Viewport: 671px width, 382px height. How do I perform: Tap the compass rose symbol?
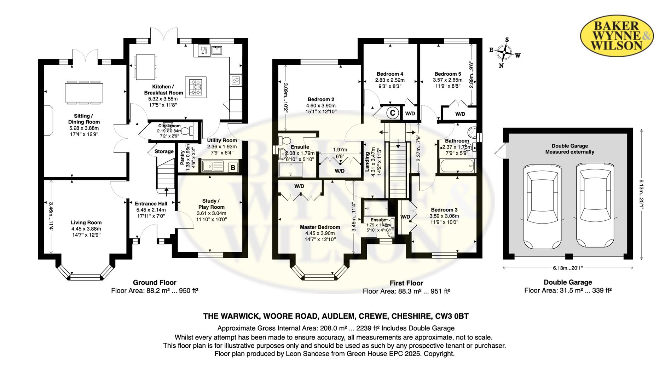coord(504,53)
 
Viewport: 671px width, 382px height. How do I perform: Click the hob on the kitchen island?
coord(196,87)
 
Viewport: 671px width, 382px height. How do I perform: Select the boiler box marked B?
coord(233,167)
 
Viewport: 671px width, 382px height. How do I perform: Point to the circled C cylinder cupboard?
coord(392,113)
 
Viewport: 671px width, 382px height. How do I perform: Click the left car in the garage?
coord(542,206)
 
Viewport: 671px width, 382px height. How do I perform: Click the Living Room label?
coord(86,222)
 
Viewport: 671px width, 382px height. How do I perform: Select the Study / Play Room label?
coord(211,204)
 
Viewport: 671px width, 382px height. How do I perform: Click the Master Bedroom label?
coord(320,227)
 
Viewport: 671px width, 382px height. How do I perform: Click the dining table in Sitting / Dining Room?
coord(84,92)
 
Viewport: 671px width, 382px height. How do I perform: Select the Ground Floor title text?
coord(155,282)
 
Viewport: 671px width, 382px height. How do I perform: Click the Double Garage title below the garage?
coord(567,282)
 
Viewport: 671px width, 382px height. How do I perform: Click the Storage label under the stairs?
coord(164,151)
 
